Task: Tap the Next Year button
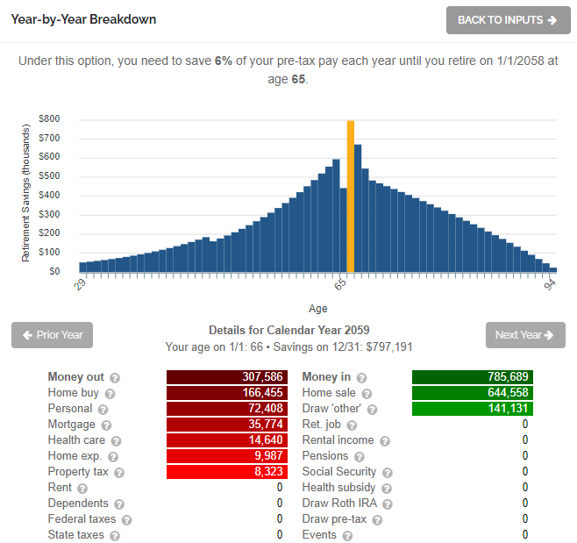525,335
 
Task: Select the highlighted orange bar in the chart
351,196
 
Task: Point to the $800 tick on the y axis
49,118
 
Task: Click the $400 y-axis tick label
49,195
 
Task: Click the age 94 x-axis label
550,284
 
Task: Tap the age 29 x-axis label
79,284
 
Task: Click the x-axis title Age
318,309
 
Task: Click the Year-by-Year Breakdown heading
83,19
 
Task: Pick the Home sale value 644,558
472,393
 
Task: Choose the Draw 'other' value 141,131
472,409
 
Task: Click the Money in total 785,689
472,377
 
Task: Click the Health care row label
76,440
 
